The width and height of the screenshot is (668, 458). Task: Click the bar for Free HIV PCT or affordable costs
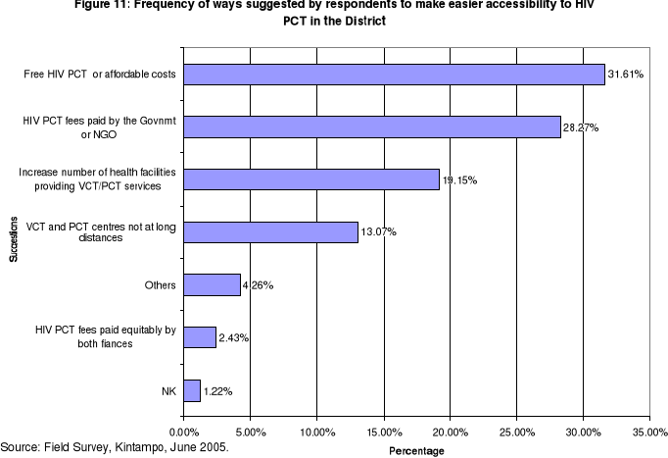[x=394, y=75]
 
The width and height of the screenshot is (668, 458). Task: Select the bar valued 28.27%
[x=372, y=127]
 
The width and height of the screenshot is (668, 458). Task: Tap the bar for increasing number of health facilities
[x=311, y=179]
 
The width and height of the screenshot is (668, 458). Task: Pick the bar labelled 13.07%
[x=270, y=232]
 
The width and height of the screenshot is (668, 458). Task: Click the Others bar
[x=212, y=285]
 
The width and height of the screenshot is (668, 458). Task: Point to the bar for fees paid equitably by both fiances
[x=200, y=337]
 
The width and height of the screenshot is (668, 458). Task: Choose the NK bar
[x=192, y=390]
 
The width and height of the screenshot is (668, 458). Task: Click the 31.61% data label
[x=625, y=76]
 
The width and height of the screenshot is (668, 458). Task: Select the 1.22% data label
[x=218, y=391]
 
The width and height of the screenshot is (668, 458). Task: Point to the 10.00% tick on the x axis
[x=316, y=431]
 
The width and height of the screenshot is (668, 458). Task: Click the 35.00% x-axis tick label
[x=650, y=431]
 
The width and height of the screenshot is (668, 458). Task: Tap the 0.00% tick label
[x=184, y=431]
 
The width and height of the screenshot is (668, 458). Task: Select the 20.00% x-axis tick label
[x=450, y=431]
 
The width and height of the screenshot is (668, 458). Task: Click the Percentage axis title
[x=416, y=450]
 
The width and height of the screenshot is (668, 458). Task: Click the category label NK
[x=168, y=390]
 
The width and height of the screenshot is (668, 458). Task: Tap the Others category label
[x=159, y=285]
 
